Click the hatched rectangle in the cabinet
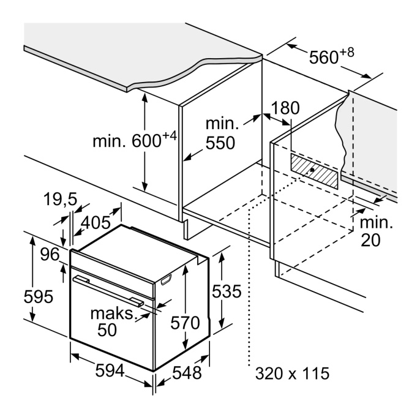pyautogui.click(x=314, y=168)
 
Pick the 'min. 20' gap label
pyautogui.click(x=375, y=230)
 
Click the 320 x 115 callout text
pyautogui.click(x=292, y=372)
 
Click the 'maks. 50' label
pyautogui.click(x=111, y=321)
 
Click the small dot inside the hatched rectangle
pyautogui.click(x=313, y=169)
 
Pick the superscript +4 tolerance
pyautogui.click(x=170, y=136)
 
